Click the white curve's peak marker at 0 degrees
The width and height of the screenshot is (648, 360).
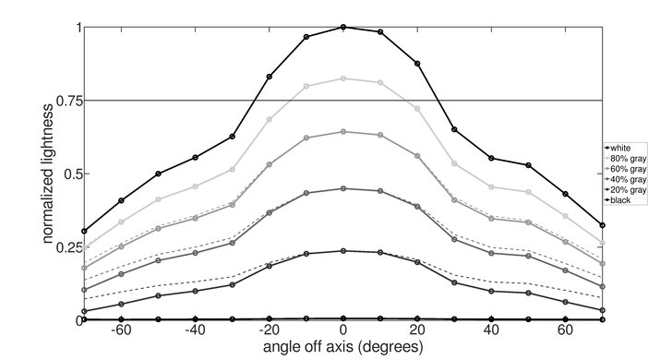pyautogui.click(x=343, y=27)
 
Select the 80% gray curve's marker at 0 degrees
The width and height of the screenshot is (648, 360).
pyautogui.click(x=343, y=78)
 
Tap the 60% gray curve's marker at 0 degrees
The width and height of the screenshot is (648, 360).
pyautogui.click(x=343, y=132)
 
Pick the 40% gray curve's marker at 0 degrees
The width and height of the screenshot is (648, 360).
pyautogui.click(x=343, y=188)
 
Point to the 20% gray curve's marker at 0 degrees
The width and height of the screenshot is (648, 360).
pyautogui.click(x=343, y=250)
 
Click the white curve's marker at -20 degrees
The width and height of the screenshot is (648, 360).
pyautogui.click(x=270, y=77)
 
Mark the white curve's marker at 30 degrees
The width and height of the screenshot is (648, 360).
pyautogui.click(x=454, y=129)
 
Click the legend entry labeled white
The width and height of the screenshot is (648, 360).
pyautogui.click(x=619, y=148)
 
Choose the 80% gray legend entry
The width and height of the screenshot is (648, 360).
pyautogui.click(x=624, y=158)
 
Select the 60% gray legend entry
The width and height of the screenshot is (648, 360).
pyautogui.click(x=624, y=169)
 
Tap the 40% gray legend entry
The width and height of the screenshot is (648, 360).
pyautogui.click(x=624, y=179)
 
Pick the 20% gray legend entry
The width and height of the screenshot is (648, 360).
pyautogui.click(x=624, y=189)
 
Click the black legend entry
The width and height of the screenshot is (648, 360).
pyautogui.click(x=619, y=199)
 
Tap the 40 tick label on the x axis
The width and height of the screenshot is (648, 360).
pyautogui.click(x=491, y=330)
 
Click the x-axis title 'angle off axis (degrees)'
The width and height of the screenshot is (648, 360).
pyautogui.click(x=342, y=348)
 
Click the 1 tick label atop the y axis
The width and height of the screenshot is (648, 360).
pyautogui.click(x=77, y=28)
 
